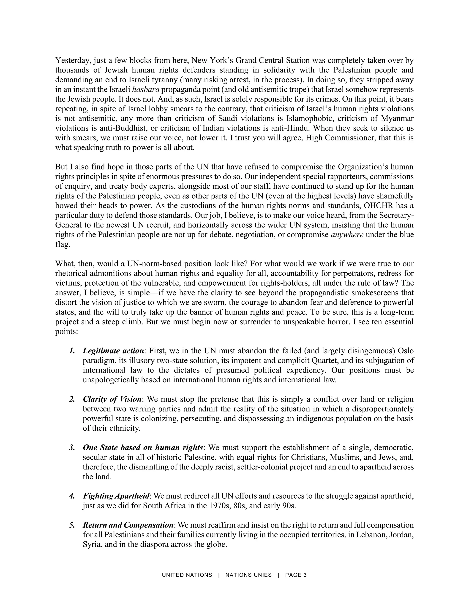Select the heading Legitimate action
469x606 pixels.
113,351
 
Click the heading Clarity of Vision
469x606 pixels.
112,399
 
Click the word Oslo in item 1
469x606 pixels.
405,351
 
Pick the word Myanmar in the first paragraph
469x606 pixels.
397,118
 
